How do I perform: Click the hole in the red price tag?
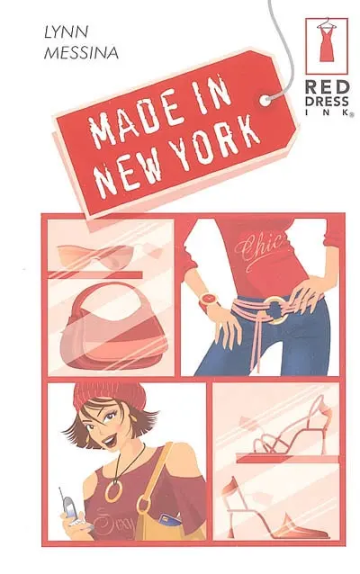pos(267,100)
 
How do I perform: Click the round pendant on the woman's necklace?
pos(112,491)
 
